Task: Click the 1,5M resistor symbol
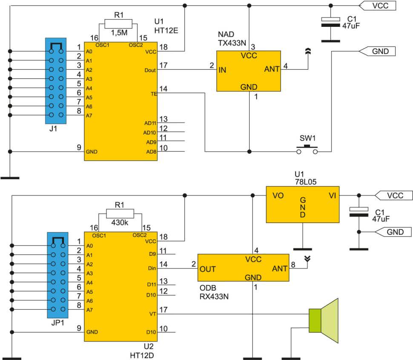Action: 118,24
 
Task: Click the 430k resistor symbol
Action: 120,214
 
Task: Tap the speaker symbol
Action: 324,321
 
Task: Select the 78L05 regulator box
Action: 303,205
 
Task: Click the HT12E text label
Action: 166,31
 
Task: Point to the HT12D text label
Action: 142,355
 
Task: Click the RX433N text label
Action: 214,297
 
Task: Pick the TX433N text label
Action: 232,43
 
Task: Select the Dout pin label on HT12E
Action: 150,70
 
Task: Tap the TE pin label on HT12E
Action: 154,94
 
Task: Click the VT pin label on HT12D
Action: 153,314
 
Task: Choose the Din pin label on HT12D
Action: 152,268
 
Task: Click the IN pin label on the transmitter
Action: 222,70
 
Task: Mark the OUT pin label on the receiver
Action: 207,269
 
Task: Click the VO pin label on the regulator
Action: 278,195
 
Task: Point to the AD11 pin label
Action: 150,123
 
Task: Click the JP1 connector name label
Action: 57,323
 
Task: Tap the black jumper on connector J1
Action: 56,46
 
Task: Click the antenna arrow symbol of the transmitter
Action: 308,51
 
